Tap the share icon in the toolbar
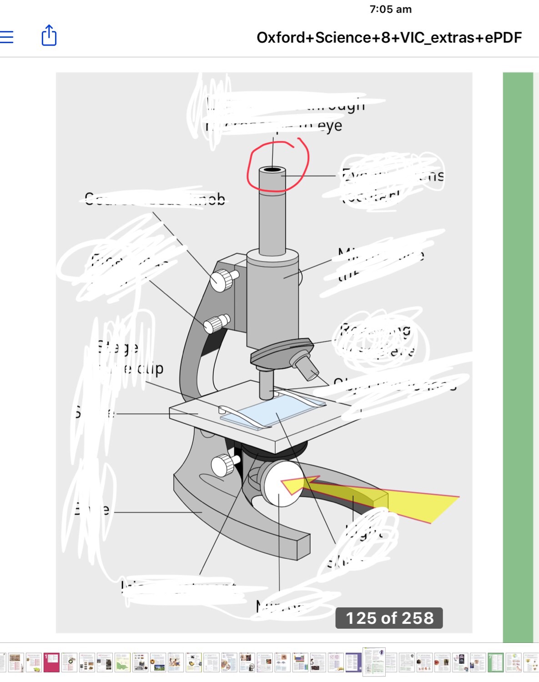49,35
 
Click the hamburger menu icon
7,37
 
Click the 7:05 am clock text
390,10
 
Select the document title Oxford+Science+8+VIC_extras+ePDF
389,38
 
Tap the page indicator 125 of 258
389,618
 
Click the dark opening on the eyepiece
272,170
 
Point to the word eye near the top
330,126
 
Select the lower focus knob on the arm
215,324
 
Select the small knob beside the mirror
223,465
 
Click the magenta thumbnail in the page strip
51,662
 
